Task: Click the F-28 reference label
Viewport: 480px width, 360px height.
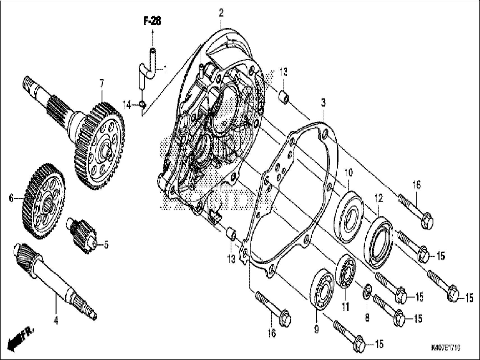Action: click(x=152, y=21)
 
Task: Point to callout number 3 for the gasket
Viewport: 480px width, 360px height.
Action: click(x=323, y=103)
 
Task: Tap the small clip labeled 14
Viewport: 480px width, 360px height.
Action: click(x=143, y=105)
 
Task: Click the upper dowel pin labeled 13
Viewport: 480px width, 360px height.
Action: click(x=284, y=97)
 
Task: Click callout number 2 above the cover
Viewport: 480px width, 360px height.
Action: click(x=221, y=13)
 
